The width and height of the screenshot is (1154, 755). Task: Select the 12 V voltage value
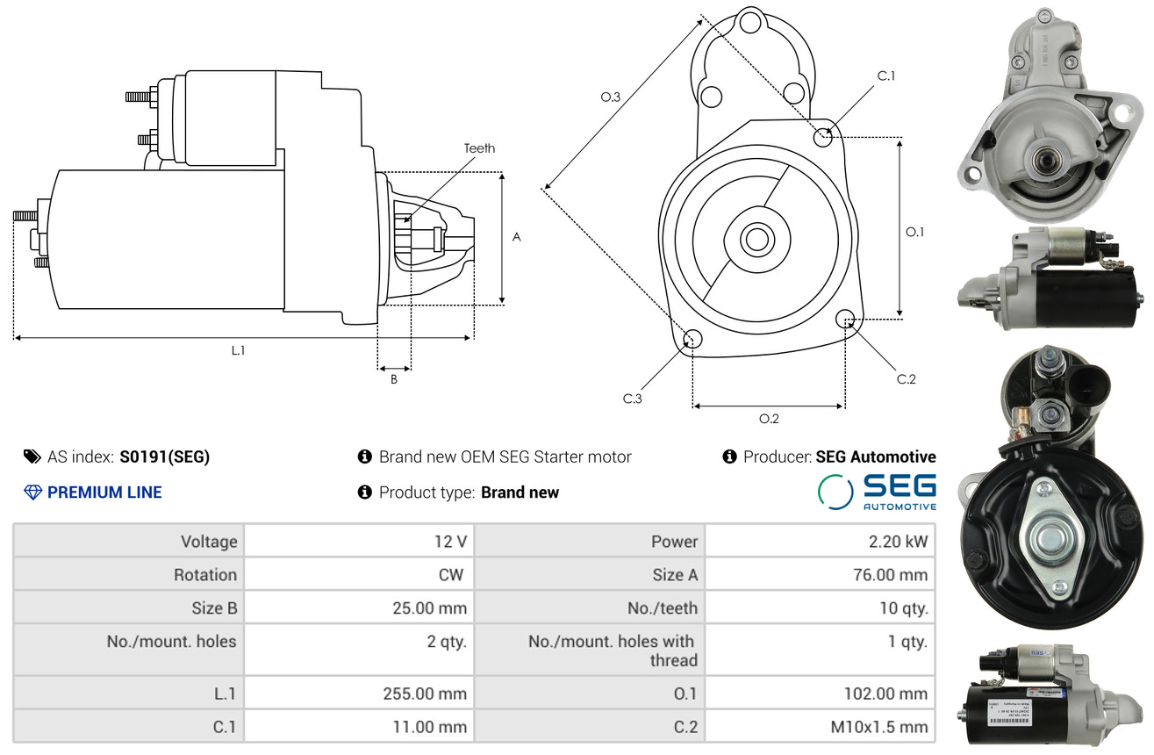pyautogui.click(x=450, y=541)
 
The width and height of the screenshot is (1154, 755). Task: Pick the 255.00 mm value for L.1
pyautogui.click(x=425, y=694)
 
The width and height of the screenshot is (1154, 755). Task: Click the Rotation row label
pyautogui.click(x=205, y=575)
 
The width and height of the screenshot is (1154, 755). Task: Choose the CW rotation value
pyautogui.click(x=451, y=575)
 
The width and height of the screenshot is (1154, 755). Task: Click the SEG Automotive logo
pyautogui.click(x=877, y=493)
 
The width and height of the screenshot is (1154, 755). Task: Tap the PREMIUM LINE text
pyautogui.click(x=104, y=493)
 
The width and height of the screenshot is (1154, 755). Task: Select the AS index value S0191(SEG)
pyautogui.click(x=164, y=457)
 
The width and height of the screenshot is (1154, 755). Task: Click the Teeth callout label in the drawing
pyautogui.click(x=479, y=148)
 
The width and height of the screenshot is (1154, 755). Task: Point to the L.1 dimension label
pyautogui.click(x=238, y=350)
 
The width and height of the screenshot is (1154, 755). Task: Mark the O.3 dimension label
pyautogui.click(x=611, y=97)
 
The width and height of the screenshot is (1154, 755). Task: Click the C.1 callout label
pyautogui.click(x=886, y=75)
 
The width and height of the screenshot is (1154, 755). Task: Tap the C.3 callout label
pyautogui.click(x=632, y=399)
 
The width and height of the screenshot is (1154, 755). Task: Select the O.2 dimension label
pyautogui.click(x=769, y=419)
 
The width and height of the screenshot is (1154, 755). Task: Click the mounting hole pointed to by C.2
pyautogui.click(x=845, y=319)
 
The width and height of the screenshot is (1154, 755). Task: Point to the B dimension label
pyautogui.click(x=394, y=379)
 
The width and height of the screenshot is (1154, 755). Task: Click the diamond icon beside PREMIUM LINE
pyautogui.click(x=33, y=493)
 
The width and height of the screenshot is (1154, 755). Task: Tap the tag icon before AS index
pyautogui.click(x=32, y=457)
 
